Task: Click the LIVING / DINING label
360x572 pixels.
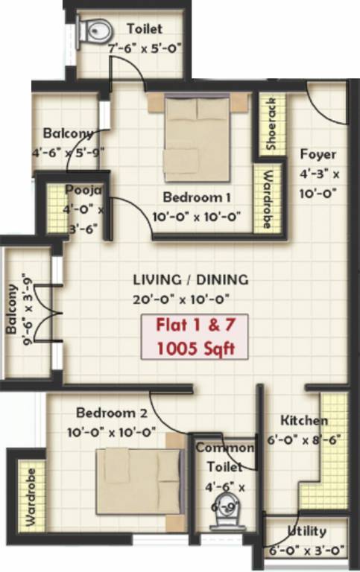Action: [190, 280]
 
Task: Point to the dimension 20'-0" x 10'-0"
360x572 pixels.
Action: [190, 298]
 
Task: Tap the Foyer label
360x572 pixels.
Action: [318, 155]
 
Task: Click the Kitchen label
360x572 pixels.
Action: [304, 420]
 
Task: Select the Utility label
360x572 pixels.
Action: [306, 531]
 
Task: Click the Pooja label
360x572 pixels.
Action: [78, 188]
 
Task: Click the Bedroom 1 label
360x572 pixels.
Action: [196, 197]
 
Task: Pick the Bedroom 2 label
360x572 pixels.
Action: [115, 414]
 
